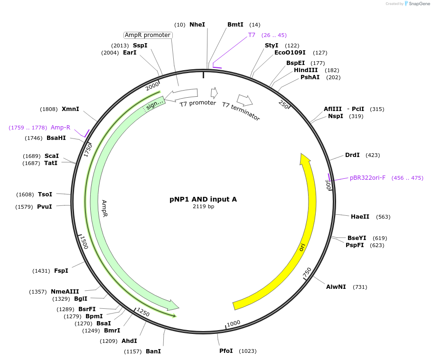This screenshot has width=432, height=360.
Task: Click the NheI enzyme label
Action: point(197,24)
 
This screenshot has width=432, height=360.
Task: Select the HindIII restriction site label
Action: point(306,70)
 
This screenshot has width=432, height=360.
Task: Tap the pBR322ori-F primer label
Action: point(367,178)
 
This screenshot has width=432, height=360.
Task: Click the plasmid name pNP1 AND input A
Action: point(203,199)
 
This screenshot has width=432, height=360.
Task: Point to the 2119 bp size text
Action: point(203,207)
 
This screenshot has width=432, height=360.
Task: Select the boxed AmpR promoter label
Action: point(148,35)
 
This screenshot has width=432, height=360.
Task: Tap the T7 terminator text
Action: point(241,111)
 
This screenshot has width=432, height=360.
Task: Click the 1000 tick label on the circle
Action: point(234,323)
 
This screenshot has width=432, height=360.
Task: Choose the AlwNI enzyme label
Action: point(336,287)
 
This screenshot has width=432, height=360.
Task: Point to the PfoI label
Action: point(226,351)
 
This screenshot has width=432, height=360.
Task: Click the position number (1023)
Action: point(248,351)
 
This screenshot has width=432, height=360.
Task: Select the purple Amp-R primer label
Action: point(60,128)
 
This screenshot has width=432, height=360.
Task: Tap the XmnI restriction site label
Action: point(70,109)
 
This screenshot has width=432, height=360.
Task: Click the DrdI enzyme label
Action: point(352,155)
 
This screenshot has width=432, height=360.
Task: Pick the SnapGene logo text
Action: point(418,4)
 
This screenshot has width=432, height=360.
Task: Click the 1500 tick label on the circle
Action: point(84,242)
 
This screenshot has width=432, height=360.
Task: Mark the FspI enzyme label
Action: point(61,271)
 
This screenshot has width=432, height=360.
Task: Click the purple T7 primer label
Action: point(252,35)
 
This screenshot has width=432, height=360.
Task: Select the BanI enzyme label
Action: point(153,351)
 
